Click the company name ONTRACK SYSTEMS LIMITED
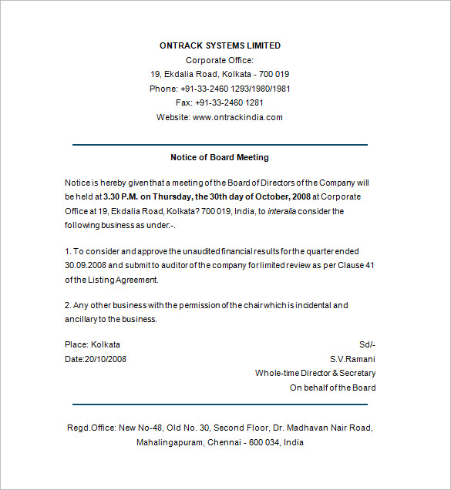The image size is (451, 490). tap(220, 45)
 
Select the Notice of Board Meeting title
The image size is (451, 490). tap(220, 157)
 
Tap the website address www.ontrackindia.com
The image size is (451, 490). tap(237, 117)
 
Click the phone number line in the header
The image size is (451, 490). tap(220, 89)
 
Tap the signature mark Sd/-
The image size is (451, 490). tap(367, 344)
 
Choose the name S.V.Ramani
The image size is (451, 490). tap(353, 358)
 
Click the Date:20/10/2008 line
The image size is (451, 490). tap(96, 358)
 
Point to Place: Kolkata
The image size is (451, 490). tap(93, 344)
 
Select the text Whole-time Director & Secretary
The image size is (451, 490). tap(315, 373)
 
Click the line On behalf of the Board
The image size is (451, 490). tap(332, 388)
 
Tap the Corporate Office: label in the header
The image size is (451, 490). tap(220, 60)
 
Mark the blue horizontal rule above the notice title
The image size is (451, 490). tap(220, 144)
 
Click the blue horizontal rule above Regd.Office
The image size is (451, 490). tap(220, 404)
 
